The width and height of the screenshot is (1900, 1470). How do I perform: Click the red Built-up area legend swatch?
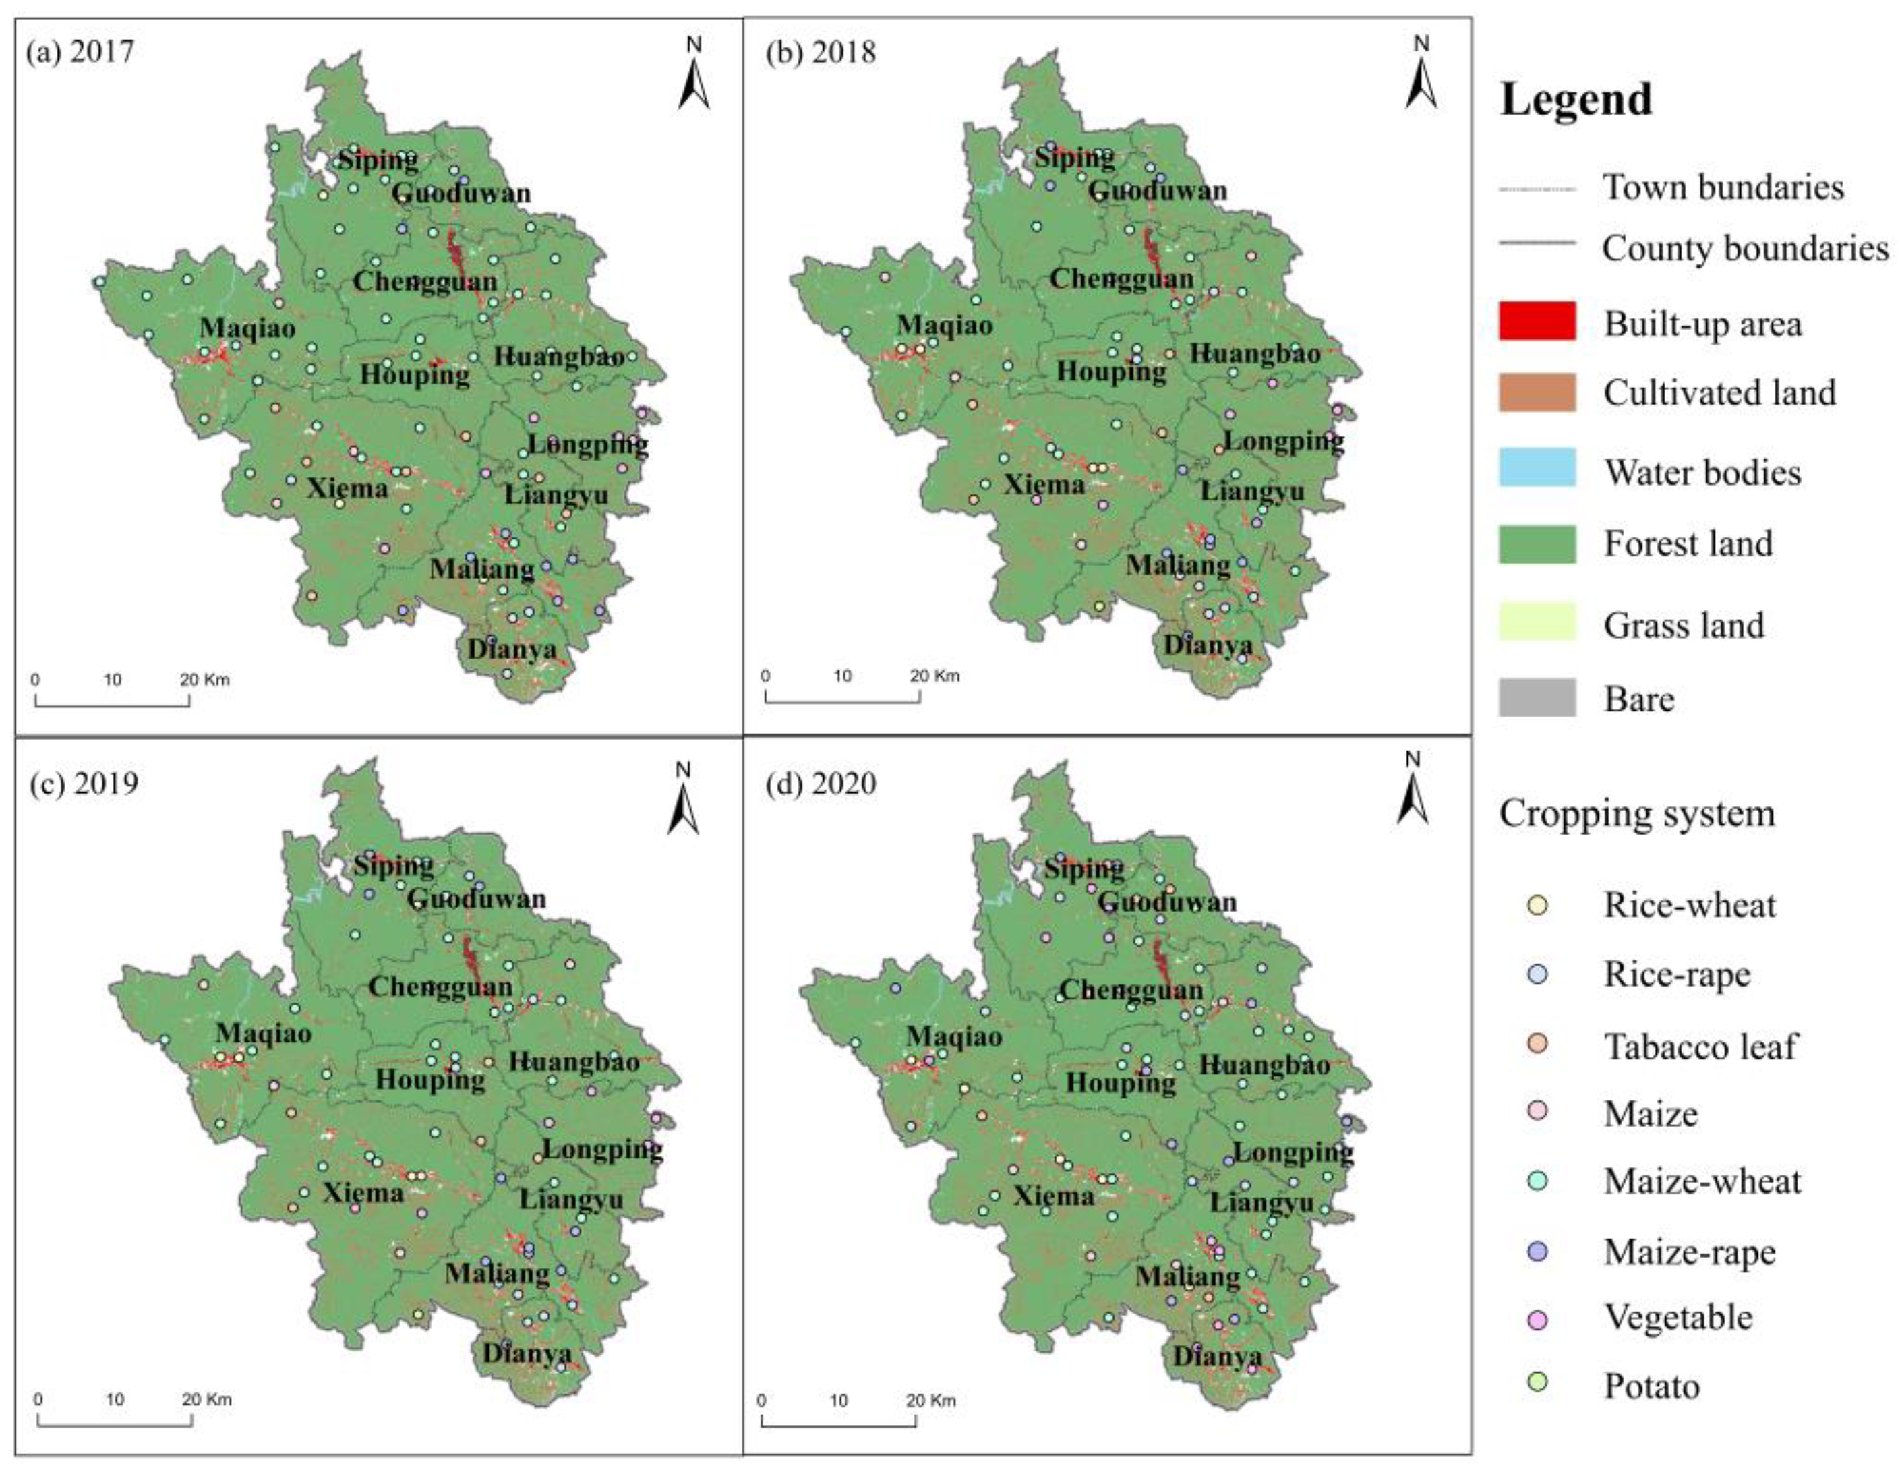1537,321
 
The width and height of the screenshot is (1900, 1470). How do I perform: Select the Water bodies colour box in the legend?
1537,467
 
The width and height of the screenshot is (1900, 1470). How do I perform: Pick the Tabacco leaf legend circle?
1537,1043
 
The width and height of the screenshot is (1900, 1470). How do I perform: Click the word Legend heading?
1576,99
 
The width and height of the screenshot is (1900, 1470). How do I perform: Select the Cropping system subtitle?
1636,814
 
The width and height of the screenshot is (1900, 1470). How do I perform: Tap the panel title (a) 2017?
80,52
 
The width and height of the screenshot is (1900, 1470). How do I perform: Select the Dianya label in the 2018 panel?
1208,645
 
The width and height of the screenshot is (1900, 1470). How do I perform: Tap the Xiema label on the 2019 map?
363,1193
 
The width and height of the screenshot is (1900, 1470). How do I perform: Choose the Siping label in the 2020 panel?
1083,868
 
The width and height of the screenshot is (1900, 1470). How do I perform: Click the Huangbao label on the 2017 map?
558,357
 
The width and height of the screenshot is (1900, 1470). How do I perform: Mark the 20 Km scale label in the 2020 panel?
930,1401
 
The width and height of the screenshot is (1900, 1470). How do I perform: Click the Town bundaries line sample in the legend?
1537,189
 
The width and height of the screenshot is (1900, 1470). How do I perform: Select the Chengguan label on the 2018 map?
1121,279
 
